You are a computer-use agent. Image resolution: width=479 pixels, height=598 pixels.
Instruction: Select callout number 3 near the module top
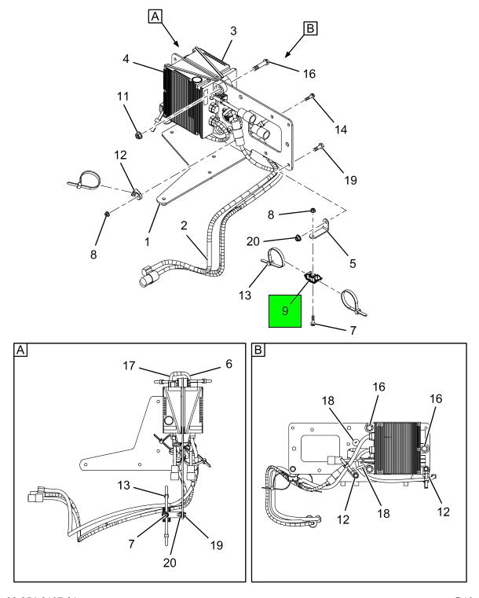tap(232, 30)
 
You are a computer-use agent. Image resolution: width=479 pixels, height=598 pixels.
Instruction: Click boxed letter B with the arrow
tap(309, 29)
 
